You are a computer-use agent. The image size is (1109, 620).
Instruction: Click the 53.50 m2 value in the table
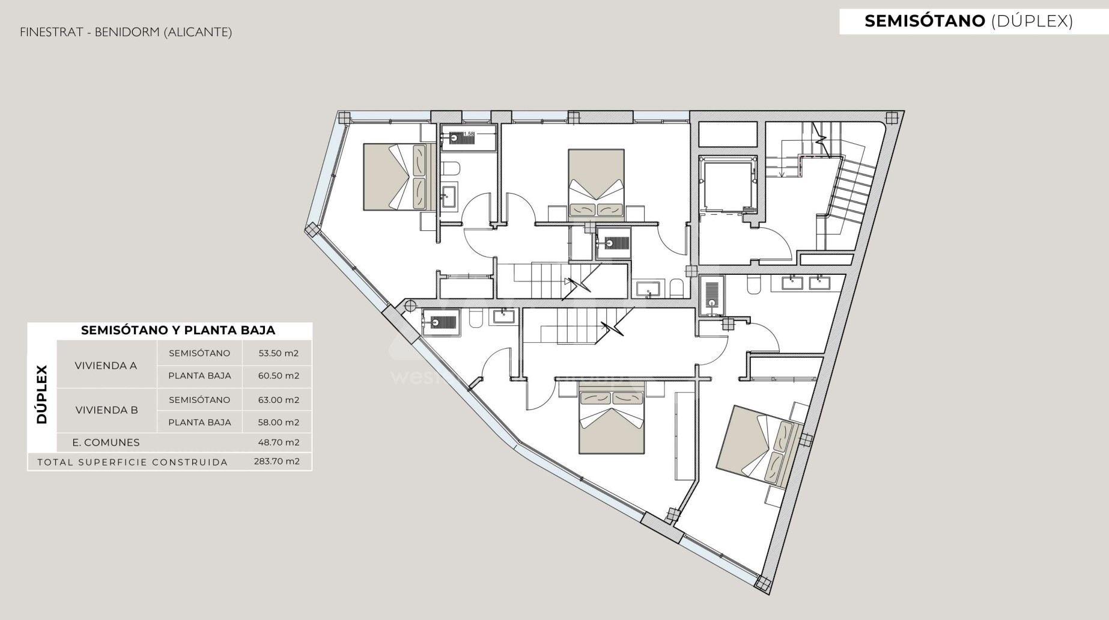pos(278,353)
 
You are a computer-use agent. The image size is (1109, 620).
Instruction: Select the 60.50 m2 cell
pos(278,376)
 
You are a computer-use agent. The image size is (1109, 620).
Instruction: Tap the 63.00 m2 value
pos(278,400)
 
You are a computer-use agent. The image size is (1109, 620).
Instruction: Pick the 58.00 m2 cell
pos(278,422)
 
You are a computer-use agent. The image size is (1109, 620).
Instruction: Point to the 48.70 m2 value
pos(278,443)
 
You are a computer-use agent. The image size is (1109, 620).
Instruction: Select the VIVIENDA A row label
pos(106,366)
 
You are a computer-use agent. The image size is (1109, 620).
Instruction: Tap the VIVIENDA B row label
pos(106,410)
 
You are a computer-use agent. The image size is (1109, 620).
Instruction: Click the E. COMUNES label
pos(106,443)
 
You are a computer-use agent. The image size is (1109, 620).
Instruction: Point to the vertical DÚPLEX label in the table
pos(42,394)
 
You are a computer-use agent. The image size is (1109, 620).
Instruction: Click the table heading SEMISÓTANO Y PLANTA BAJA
pos(178,330)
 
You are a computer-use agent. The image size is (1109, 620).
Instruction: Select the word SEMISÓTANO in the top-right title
pos(925,21)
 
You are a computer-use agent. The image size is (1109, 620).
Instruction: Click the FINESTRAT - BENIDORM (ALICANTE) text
pos(126,32)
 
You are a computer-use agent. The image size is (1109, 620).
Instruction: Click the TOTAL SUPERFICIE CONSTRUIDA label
pos(133,462)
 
